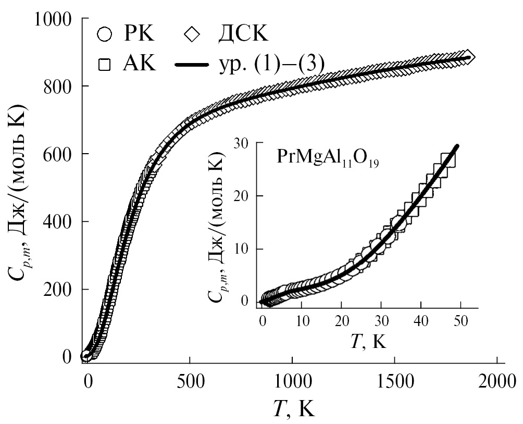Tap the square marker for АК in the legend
coord(105,65)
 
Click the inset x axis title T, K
coord(368,341)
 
